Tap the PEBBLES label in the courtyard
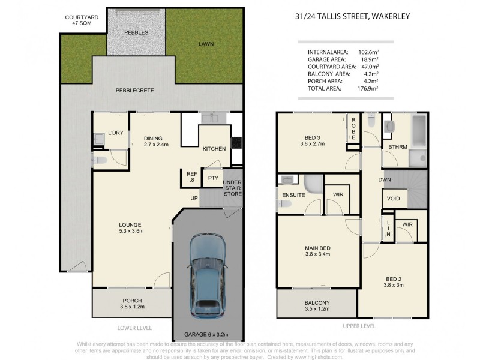tap(136, 32)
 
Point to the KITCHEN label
tap(214, 149)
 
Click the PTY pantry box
tap(212, 178)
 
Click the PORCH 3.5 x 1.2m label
tap(131, 304)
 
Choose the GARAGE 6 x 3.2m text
tap(207, 334)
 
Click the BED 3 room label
tap(312, 140)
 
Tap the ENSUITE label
tap(294, 195)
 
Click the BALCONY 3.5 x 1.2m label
tap(317, 305)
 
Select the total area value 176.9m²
tap(369, 88)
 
